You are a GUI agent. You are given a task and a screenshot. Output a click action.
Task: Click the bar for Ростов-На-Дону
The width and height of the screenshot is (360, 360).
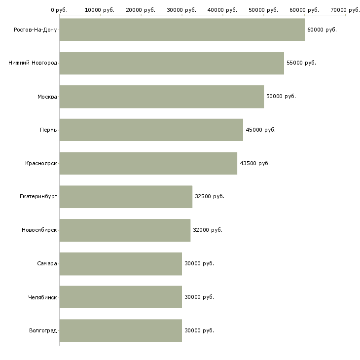pos(182,30)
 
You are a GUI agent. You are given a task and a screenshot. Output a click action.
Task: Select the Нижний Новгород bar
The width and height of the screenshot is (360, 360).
pos(172,63)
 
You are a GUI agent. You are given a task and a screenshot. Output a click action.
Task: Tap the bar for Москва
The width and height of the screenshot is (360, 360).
pos(162,97)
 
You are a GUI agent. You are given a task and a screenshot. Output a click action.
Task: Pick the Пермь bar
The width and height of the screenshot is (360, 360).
pos(151,130)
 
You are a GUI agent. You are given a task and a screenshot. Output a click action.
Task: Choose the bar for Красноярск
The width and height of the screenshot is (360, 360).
pos(148,163)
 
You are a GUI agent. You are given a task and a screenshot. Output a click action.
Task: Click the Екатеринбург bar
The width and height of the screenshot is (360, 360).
pos(126,197)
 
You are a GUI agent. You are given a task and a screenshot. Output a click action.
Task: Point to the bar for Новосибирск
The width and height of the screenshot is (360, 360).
pos(125,230)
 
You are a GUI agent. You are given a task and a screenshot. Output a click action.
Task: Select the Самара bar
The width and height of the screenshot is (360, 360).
pos(121,264)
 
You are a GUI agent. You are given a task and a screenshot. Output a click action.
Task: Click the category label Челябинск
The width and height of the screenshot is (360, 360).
pos(42,297)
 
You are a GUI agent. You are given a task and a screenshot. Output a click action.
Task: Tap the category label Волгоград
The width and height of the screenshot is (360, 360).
pos(43,330)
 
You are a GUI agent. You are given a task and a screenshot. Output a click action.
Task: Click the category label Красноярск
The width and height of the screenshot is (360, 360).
pos(41,163)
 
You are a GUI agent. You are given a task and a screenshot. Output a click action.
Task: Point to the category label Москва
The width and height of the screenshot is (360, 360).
pos(47,97)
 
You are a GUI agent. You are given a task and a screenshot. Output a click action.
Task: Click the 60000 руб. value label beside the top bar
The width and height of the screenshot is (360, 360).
pos(322,30)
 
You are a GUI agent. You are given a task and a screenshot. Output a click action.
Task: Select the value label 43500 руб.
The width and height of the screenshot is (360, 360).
pos(254,163)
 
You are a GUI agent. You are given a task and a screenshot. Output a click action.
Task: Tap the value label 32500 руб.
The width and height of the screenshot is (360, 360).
pos(210,197)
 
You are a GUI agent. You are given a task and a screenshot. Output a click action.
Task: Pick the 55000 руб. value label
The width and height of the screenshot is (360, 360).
pos(301,63)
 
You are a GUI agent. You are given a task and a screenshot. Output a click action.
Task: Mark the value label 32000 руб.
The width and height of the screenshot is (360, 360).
pos(208,230)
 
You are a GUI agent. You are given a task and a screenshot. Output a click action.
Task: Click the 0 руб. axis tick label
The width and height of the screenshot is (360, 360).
pos(59,10)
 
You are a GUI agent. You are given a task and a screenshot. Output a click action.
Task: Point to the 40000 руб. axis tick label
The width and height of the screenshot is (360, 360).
pos(222,10)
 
